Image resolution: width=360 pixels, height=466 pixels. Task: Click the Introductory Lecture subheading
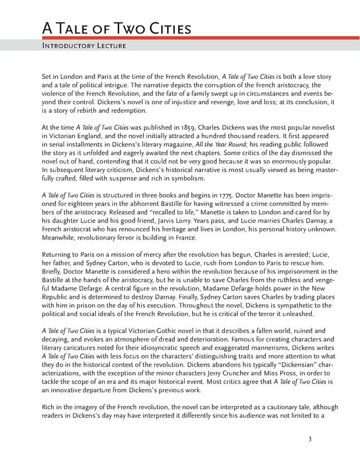pyautogui.click(x=84, y=46)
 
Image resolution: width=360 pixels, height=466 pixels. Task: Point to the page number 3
pyautogui.click(x=310, y=439)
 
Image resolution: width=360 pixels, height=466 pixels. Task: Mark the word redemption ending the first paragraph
pyautogui.click(x=129, y=111)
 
